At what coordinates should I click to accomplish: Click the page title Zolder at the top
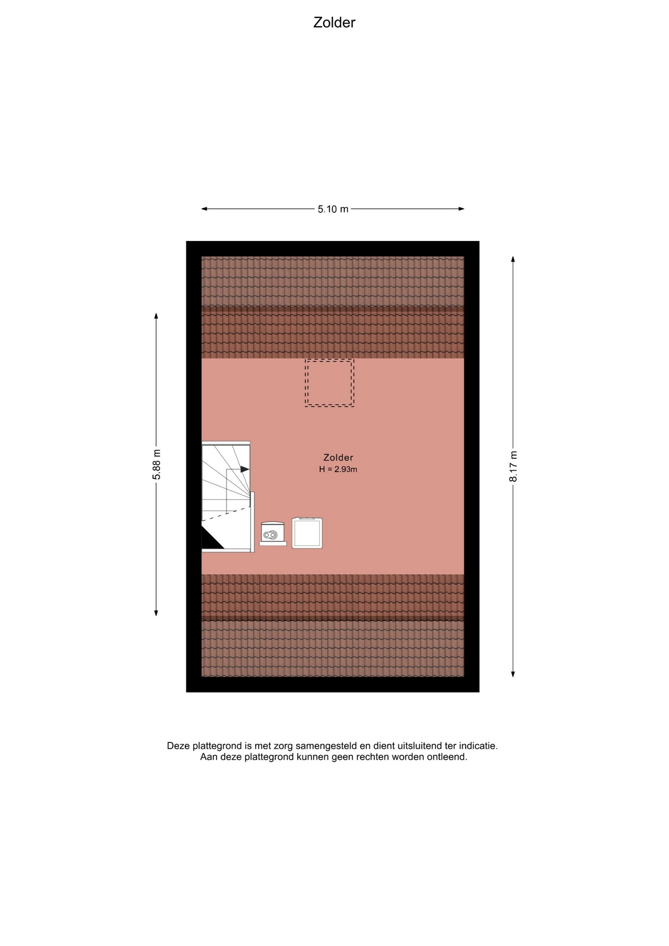tap(334, 23)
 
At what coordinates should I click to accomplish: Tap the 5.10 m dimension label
tap(333, 209)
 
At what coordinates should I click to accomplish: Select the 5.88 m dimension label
tap(157, 465)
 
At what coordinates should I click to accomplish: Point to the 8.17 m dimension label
tap(513, 467)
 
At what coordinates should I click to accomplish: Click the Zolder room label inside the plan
tap(338, 458)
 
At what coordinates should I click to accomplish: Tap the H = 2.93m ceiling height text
tap(338, 470)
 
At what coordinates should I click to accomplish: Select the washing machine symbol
tap(307, 533)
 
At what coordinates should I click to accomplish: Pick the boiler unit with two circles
tap(273, 533)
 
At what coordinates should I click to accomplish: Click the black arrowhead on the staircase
tap(245, 470)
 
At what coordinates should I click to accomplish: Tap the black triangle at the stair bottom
tap(211, 539)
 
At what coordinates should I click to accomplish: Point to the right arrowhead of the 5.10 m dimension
tap(462, 209)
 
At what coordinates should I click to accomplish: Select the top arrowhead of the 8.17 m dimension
tap(513, 260)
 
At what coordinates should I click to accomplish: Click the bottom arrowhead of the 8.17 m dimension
tap(513, 674)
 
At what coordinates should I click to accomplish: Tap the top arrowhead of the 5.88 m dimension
tap(156, 316)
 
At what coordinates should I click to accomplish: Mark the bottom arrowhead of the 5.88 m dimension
tap(156, 613)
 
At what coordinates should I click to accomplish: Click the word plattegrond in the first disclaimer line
tap(216, 746)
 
